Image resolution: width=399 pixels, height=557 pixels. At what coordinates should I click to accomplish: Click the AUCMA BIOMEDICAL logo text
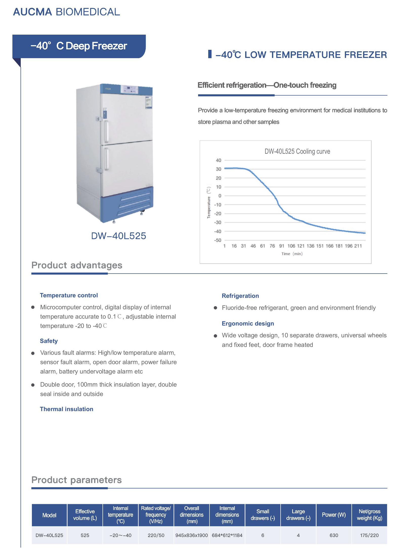pos(67,12)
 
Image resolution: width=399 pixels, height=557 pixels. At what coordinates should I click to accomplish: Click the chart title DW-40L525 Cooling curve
pos(297,151)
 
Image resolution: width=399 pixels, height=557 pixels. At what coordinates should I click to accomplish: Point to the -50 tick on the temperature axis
pos(218,240)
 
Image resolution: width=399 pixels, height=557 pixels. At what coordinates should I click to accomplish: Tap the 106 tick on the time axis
pos(291,246)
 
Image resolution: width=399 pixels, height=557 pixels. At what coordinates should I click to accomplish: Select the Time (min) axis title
pos(292,254)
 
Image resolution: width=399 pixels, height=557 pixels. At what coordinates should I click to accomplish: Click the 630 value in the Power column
pos(334,535)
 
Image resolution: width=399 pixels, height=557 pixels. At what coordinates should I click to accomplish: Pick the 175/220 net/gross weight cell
pos(369,535)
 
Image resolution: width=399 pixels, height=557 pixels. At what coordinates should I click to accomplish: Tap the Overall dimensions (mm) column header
pos(192,515)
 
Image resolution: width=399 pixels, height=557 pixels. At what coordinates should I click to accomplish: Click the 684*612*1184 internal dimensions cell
pos(227,535)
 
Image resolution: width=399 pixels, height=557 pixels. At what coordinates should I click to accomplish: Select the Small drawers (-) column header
pos(263,515)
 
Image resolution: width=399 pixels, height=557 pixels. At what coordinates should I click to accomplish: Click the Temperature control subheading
pos(69,295)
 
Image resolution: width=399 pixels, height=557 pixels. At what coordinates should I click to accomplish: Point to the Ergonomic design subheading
pos(248,324)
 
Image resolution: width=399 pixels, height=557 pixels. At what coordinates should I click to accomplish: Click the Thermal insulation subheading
pos(67,409)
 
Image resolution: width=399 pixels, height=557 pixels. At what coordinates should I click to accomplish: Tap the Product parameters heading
pos(76,480)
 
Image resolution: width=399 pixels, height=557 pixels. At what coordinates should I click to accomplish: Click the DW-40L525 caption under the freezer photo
pos(118,236)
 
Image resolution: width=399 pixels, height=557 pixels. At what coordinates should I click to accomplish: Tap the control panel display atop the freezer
pos(130,89)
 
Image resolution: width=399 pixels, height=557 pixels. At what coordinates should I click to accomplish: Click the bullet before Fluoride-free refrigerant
pos(215,308)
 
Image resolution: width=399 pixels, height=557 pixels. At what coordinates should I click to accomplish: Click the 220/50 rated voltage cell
pos(156,535)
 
